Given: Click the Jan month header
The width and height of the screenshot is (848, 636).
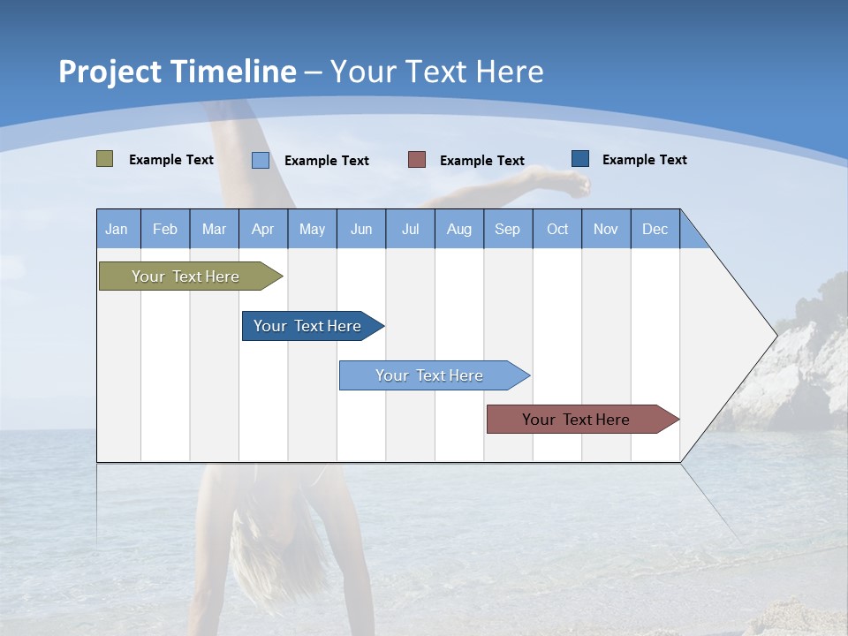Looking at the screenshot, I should [x=117, y=229].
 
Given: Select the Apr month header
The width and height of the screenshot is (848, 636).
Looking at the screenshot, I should [x=263, y=229].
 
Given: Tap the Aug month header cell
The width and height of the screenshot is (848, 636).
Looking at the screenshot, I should [x=459, y=229].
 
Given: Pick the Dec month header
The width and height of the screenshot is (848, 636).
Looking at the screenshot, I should [x=655, y=229].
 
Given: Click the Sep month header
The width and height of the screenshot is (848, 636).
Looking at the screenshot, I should [x=507, y=229].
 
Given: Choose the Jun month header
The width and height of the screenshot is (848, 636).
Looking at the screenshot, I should [x=361, y=229].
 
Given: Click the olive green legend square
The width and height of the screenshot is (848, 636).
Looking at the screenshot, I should [x=104, y=159].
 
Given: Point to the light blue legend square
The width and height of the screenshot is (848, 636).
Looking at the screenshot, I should [x=261, y=160].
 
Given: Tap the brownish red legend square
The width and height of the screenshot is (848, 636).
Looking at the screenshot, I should [x=417, y=160].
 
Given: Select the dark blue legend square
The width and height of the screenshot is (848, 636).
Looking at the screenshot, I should [x=580, y=159].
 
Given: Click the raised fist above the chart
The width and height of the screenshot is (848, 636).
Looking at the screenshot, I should [x=574, y=185].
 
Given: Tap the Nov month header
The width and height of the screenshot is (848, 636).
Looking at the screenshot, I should [x=606, y=229].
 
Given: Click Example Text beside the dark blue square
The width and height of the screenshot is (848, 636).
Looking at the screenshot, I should [x=644, y=160].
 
